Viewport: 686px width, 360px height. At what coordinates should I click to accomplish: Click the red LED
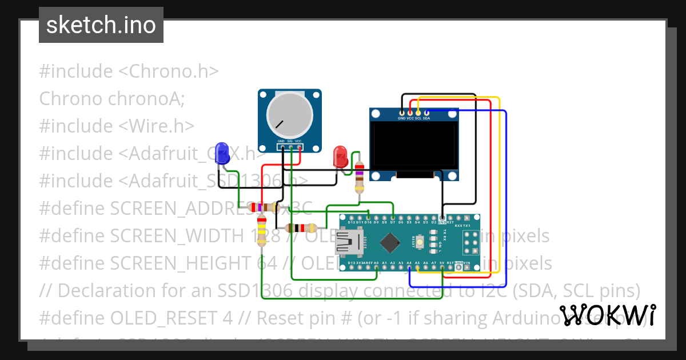coord(340,156)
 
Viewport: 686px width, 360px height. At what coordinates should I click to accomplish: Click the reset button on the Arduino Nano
coord(420,242)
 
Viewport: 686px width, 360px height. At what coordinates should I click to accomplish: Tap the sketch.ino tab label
coord(101,25)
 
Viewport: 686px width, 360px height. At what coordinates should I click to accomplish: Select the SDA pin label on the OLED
coord(426,118)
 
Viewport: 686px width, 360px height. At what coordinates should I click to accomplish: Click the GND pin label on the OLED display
coord(402,118)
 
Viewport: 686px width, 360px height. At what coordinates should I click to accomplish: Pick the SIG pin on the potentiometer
coord(290,147)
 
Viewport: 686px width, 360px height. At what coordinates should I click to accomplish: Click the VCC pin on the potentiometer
coord(298,147)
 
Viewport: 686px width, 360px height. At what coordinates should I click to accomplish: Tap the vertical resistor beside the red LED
coord(359,177)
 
